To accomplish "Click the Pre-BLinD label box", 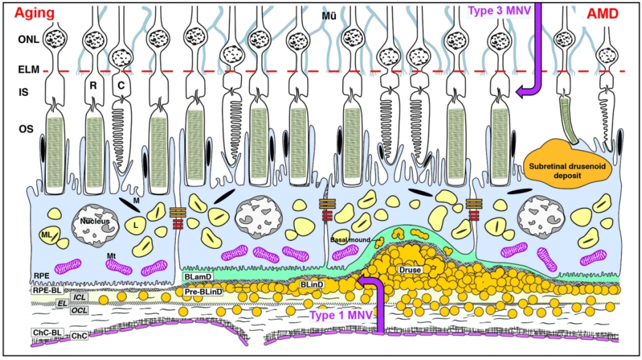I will point(203,292).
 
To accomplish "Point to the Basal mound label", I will point(347,238).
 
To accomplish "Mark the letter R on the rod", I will point(94,85).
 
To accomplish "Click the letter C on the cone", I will point(121,85).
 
